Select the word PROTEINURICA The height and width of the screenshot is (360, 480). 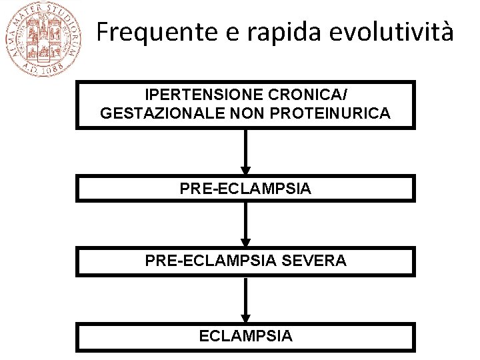tap(331, 113)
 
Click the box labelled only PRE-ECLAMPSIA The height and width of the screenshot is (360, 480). tap(245, 189)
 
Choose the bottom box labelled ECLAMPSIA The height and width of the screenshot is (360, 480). tap(245, 336)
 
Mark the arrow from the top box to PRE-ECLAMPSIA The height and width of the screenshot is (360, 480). tap(245, 152)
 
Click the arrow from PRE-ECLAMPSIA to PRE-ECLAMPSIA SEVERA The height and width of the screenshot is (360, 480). tap(245, 224)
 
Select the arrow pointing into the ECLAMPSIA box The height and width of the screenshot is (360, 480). tap(245, 299)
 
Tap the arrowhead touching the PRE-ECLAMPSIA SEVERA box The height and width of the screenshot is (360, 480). tap(245, 243)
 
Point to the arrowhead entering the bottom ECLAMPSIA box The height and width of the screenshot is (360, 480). tap(245, 318)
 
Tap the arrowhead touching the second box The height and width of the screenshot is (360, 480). tap(245, 170)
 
